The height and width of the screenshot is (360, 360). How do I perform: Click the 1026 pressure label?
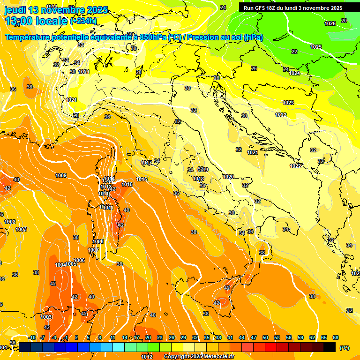(330, 23)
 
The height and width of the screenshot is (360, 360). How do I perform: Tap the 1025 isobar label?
(316, 47)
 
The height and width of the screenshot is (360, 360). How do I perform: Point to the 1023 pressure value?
(288, 103)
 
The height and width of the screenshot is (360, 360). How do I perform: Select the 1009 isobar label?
(61, 175)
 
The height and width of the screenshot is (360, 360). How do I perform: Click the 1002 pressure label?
(10, 222)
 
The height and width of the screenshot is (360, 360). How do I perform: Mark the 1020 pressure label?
(228, 177)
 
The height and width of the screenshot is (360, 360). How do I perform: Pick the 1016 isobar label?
(142, 179)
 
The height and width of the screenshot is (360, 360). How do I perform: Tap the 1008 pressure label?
(98, 241)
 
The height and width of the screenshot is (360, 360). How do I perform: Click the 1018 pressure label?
(198, 179)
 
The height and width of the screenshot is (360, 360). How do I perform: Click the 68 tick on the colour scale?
(336, 337)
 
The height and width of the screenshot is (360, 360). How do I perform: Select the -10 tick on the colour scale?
(32, 337)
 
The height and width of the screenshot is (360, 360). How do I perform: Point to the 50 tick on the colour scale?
(265, 337)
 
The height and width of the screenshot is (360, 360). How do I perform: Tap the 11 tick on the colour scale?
(112, 337)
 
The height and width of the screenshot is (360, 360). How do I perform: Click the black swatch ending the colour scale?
(330, 347)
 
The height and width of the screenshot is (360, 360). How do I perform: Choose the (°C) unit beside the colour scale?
(345, 348)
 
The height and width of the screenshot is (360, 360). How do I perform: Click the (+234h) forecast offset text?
(83, 21)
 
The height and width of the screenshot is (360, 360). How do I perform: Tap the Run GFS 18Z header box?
(292, 8)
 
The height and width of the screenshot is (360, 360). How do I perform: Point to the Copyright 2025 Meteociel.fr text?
(199, 357)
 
